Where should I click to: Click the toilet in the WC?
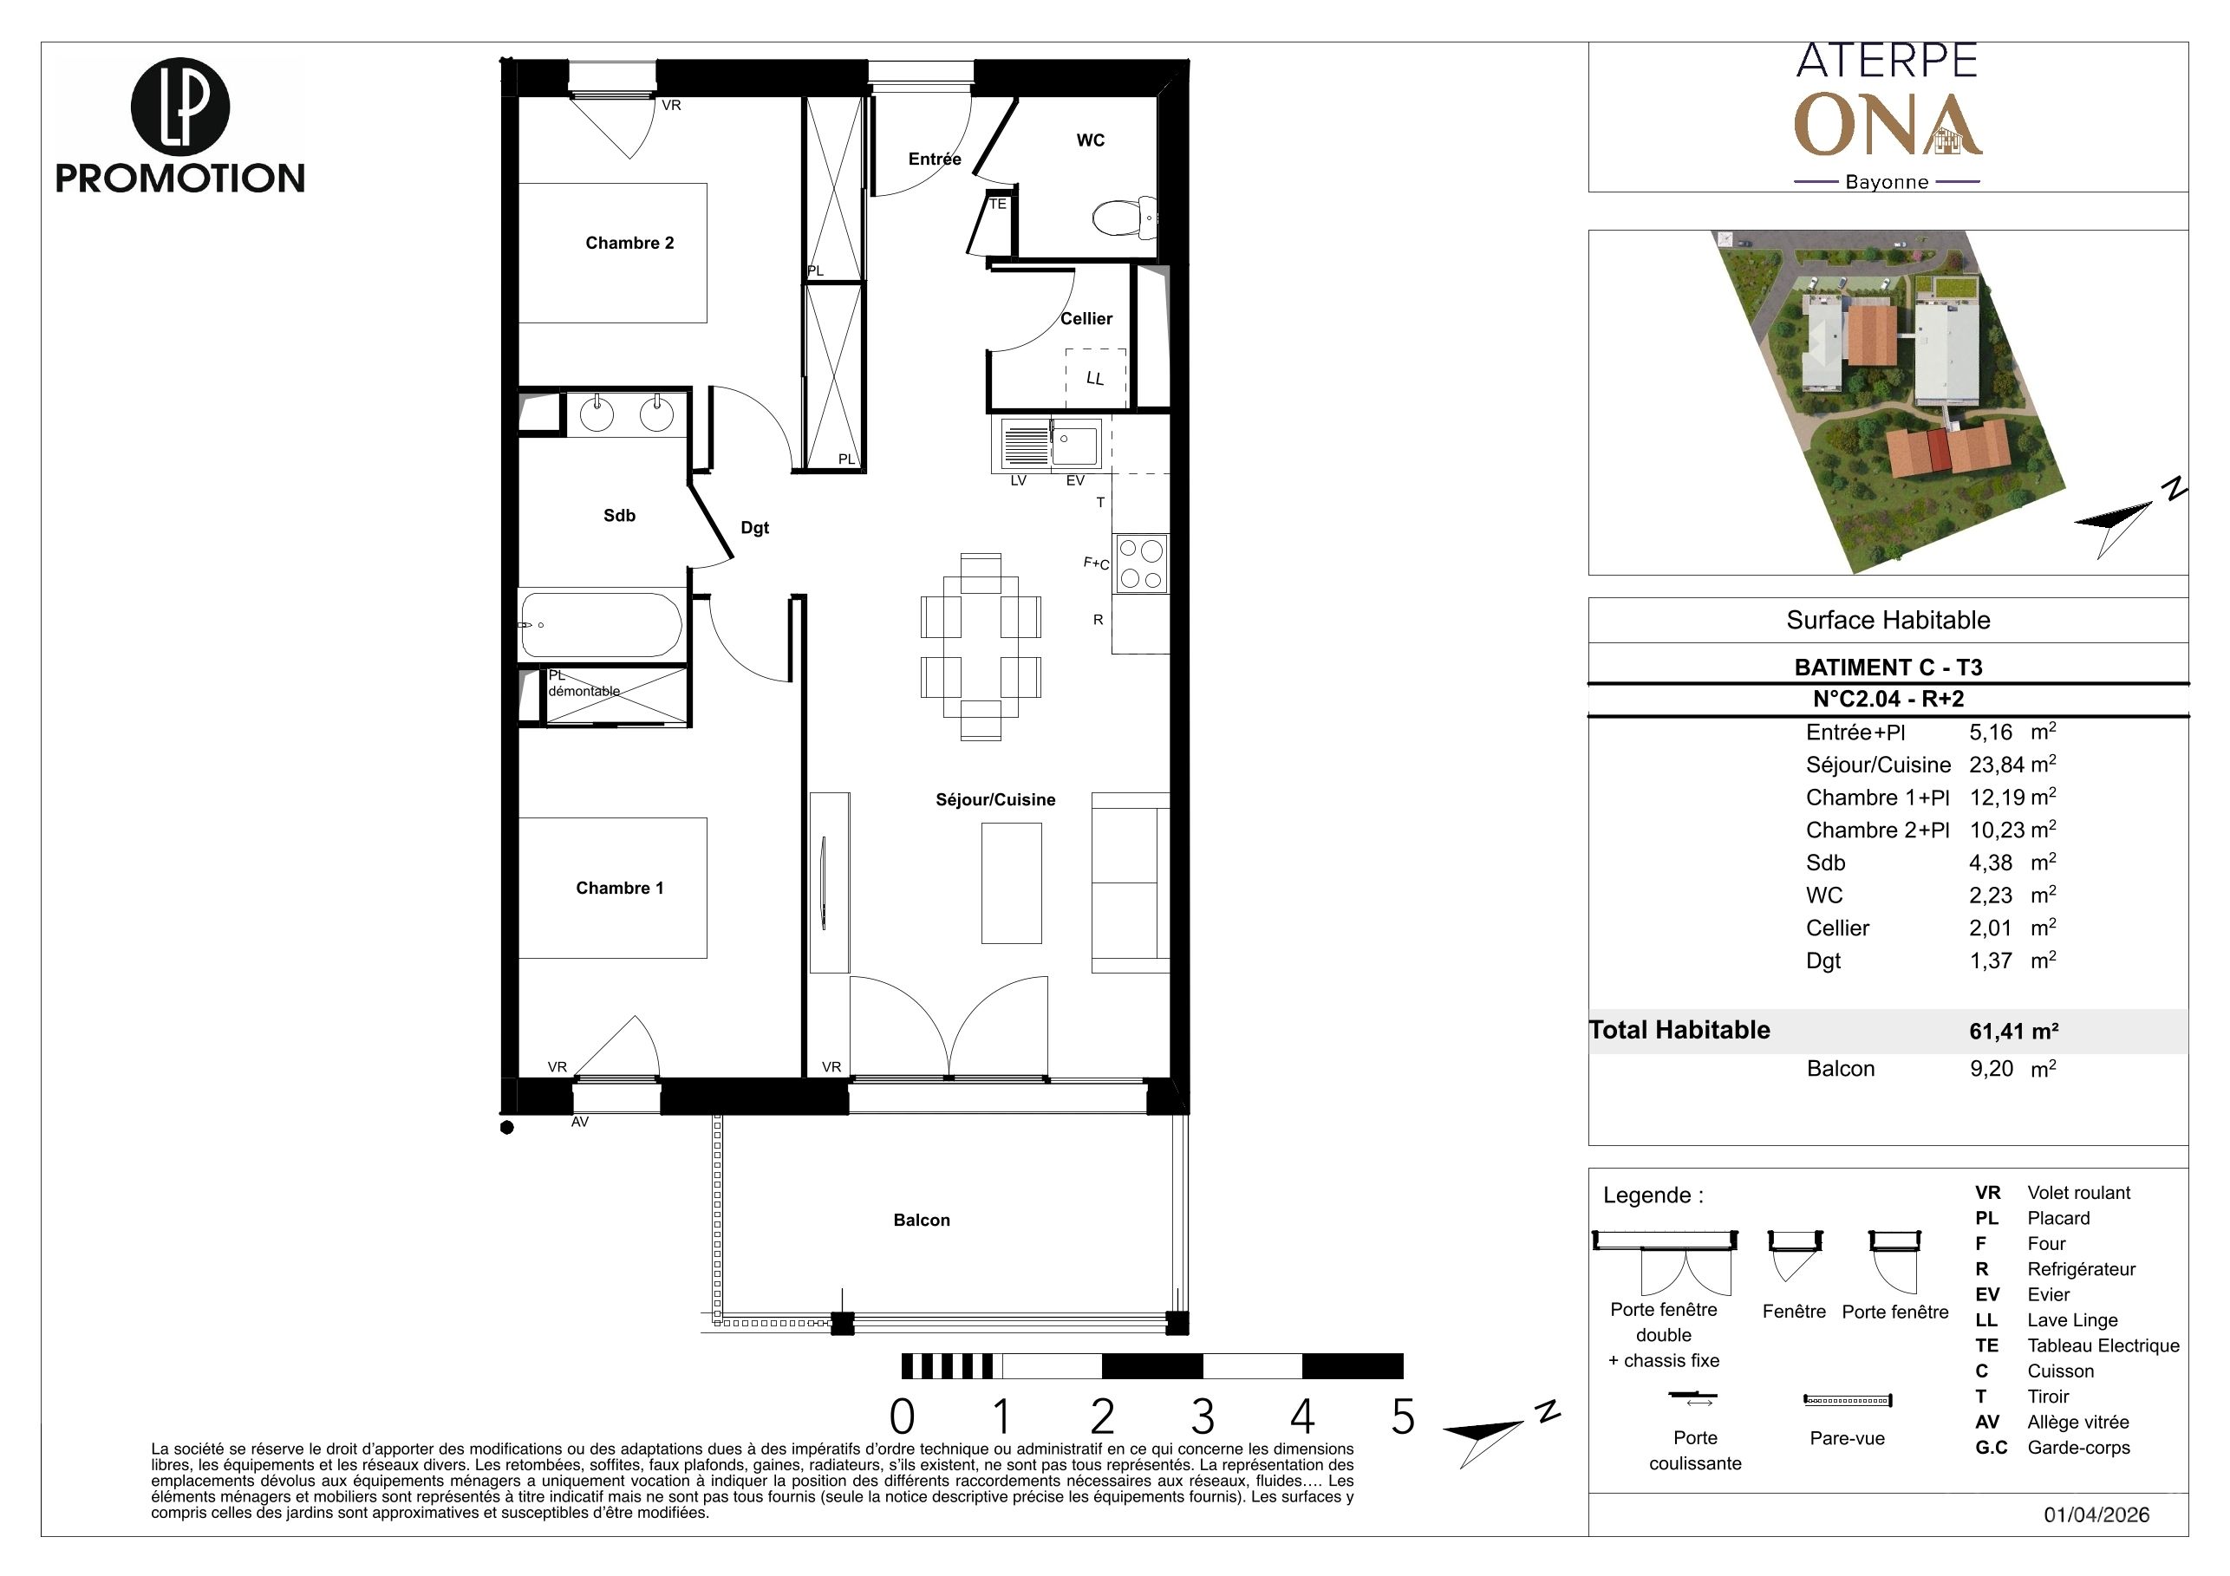click(x=1125, y=218)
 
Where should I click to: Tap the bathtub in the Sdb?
click(x=601, y=624)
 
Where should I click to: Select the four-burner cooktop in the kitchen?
click(x=1141, y=563)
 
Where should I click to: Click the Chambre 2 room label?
click(x=629, y=243)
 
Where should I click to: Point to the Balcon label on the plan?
click(x=922, y=1220)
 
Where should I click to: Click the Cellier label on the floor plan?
click(x=1086, y=318)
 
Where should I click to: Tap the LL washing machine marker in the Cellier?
click(x=1094, y=378)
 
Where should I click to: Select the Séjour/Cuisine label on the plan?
click(x=995, y=799)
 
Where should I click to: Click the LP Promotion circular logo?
click(x=179, y=107)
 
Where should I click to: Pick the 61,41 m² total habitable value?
click(x=2013, y=1030)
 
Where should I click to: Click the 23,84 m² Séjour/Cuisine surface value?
click(x=2012, y=765)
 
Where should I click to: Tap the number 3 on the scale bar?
click(x=1203, y=1417)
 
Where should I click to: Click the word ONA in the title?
click(x=1888, y=125)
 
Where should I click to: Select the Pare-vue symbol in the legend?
click(x=1848, y=1400)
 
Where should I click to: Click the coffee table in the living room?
click(x=1011, y=882)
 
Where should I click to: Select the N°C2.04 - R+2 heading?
click(x=1888, y=698)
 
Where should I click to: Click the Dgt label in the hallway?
click(x=754, y=528)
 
